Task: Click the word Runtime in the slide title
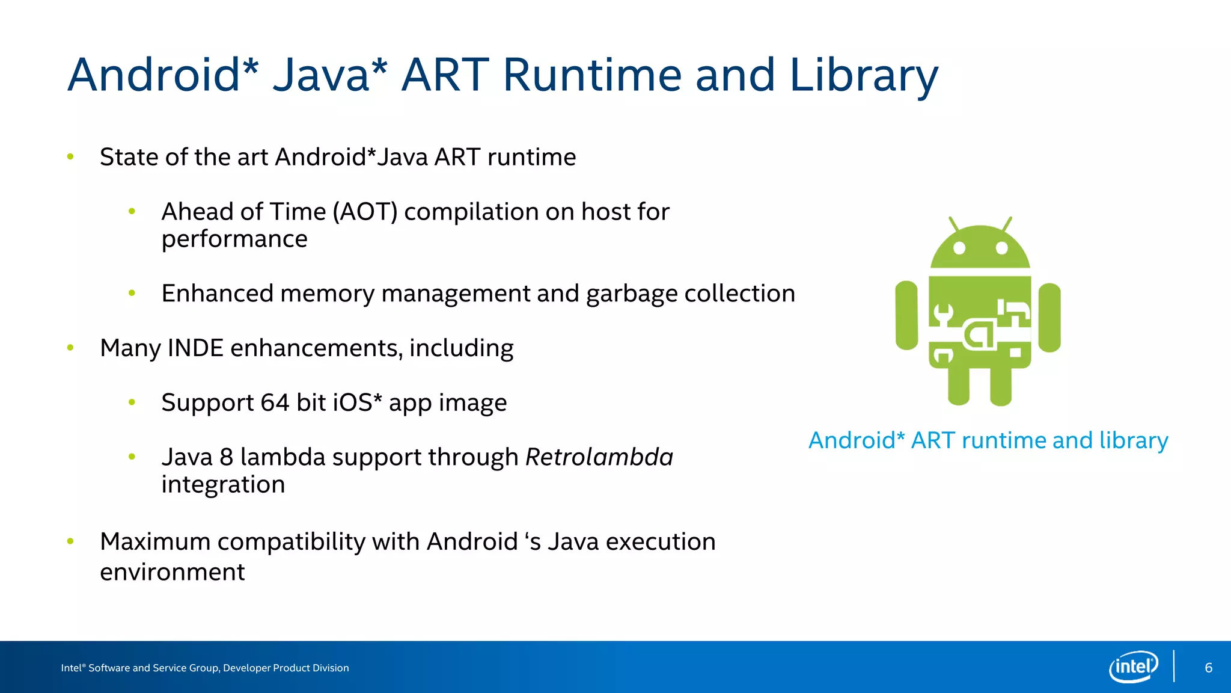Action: (592, 75)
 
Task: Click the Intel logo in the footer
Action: (1133, 667)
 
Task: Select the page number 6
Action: (1208, 668)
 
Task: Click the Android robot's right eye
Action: (1001, 248)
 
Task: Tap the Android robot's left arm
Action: (906, 315)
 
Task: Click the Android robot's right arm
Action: (1049, 317)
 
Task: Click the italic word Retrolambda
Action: (599, 457)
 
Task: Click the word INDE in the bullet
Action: (195, 348)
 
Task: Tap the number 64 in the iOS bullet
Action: (275, 403)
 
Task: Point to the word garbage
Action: (631, 294)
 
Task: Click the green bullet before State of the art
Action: (70, 157)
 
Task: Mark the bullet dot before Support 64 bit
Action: (132, 402)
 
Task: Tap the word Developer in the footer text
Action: (246, 668)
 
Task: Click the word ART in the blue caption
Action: (933, 441)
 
